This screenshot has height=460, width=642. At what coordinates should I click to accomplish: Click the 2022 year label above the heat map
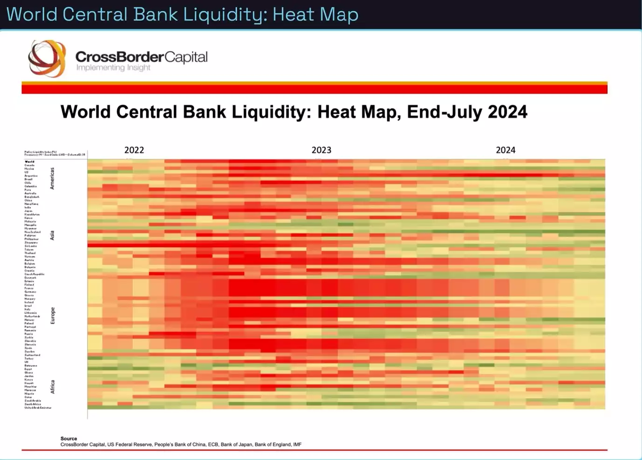[134, 150]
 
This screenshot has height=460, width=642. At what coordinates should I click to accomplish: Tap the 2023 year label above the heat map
[321, 150]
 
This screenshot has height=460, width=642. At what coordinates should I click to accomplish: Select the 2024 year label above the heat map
[505, 150]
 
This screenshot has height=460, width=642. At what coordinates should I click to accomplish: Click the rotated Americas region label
[52, 178]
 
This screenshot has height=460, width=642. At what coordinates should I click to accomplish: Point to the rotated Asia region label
[52, 236]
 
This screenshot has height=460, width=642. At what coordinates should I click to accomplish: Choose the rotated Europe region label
[53, 316]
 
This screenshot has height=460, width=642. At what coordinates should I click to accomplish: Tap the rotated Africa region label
[53, 386]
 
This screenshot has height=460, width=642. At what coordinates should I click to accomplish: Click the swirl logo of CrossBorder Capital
[47, 58]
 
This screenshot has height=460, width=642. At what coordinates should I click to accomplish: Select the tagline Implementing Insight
[113, 68]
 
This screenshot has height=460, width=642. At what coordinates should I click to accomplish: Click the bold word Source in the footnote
[68, 439]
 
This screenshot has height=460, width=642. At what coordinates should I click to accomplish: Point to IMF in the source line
[297, 445]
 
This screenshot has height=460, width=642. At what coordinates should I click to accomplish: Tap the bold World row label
[29, 162]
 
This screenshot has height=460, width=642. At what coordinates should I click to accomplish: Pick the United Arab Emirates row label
[38, 407]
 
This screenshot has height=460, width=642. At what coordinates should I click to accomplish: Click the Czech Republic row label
[34, 274]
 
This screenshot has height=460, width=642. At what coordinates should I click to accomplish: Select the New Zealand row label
[33, 232]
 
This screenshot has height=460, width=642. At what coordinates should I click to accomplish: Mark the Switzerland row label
[32, 355]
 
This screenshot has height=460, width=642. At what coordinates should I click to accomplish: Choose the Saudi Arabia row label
[33, 400]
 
